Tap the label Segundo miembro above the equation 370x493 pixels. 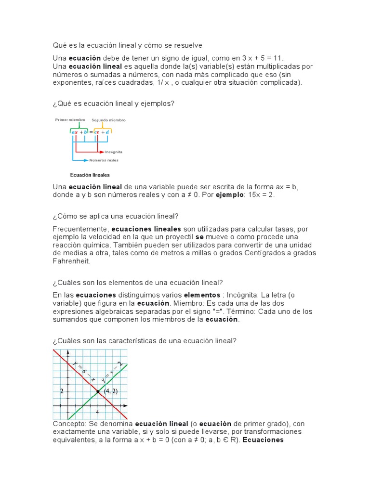tap(109, 120)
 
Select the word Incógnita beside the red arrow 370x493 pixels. tap(113, 151)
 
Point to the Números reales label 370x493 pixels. tap(104, 160)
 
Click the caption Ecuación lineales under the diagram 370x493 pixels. tap(90, 175)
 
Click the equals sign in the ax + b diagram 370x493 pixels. tap(91, 131)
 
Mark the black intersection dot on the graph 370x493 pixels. tap(98, 391)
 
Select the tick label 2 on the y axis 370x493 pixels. tap(62, 391)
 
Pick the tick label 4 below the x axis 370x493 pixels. tap(97, 412)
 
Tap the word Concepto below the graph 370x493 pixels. tap(68, 424)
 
